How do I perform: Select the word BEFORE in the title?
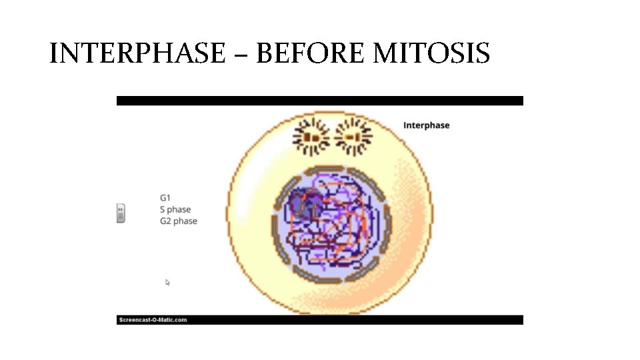pos(311,53)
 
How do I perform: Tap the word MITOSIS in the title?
pos(431,53)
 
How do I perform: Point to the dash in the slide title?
pos(241,55)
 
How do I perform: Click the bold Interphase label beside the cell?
pos(426,125)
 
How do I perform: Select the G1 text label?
pos(165,197)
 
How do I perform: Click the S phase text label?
pos(175,209)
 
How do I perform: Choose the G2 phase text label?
pos(179,221)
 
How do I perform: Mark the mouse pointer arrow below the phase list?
pos(168,283)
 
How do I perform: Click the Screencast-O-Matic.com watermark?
pos(153,320)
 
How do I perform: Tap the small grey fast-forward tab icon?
pos(121,213)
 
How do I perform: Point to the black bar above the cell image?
pos(320,101)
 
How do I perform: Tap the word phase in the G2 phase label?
pos(186,221)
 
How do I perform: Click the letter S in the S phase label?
pos(162,209)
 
